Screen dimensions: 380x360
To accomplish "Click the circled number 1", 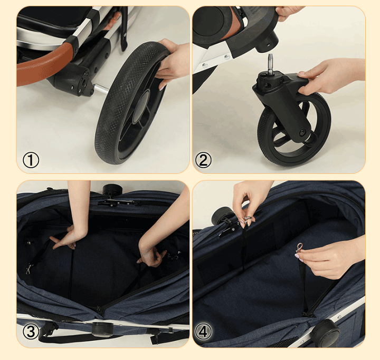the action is [31, 160].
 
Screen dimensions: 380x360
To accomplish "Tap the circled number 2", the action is [203, 160].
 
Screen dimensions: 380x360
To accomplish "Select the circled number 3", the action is [31, 332].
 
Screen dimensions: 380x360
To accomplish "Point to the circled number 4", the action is [203, 332].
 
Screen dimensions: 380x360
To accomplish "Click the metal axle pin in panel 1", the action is [101, 88].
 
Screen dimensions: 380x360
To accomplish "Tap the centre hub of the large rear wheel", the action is [141, 106].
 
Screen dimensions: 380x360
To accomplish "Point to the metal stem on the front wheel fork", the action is [270, 63].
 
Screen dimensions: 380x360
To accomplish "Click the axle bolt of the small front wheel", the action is [302, 132].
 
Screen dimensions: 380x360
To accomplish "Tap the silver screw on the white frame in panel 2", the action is [226, 57].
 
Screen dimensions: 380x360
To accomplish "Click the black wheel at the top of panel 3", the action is [110, 189].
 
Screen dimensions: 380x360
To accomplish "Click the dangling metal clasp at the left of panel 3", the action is [30, 268].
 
